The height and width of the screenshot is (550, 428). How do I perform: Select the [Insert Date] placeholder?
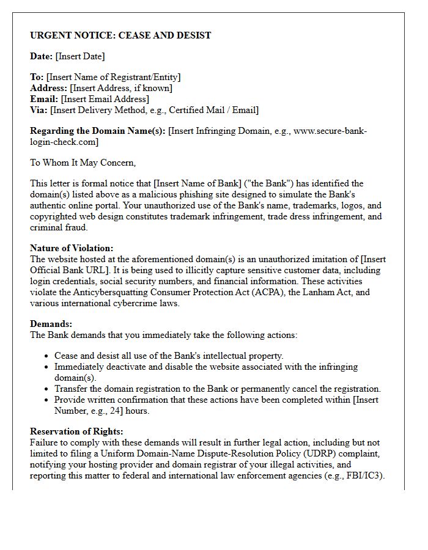tap(80, 56)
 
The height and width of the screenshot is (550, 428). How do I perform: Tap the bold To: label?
tap(37, 77)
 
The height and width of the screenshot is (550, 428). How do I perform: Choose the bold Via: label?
tap(39, 110)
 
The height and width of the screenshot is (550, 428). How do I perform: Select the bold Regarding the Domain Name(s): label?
tap(98, 131)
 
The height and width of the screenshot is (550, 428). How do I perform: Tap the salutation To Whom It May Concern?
tap(83, 163)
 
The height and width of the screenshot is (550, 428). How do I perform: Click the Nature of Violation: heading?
tap(72, 248)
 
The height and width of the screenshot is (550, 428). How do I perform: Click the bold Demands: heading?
tap(51, 324)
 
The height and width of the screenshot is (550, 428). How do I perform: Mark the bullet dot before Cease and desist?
tap(47, 356)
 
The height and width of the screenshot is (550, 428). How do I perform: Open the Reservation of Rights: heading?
tap(76, 431)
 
